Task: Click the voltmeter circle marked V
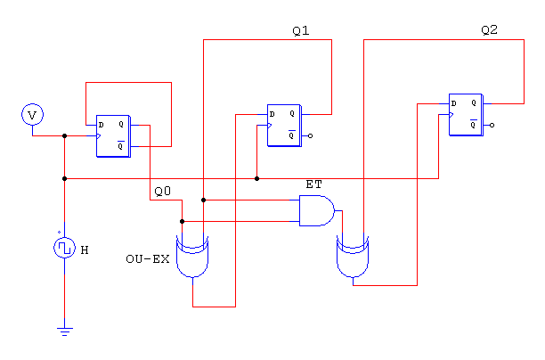coord(32,114)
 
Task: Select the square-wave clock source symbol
coord(64,248)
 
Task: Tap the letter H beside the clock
coord(85,250)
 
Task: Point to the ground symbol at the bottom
coord(65,331)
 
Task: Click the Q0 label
coord(163,192)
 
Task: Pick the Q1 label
coord(301,31)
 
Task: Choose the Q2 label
coord(490,30)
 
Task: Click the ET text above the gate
coord(313,184)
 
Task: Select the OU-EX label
coord(148,259)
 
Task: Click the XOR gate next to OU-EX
coord(192,257)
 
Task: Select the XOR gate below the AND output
coord(353,257)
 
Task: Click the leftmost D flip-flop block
coord(113,136)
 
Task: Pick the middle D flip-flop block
coord(284,126)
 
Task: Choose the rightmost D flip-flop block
coord(466,114)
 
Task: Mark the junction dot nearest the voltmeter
coord(65,136)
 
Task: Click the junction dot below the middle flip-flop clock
coord(256,179)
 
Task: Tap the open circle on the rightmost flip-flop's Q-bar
coord(492,126)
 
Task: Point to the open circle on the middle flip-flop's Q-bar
coord(311,136)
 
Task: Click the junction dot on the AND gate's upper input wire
coord(204,200)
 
